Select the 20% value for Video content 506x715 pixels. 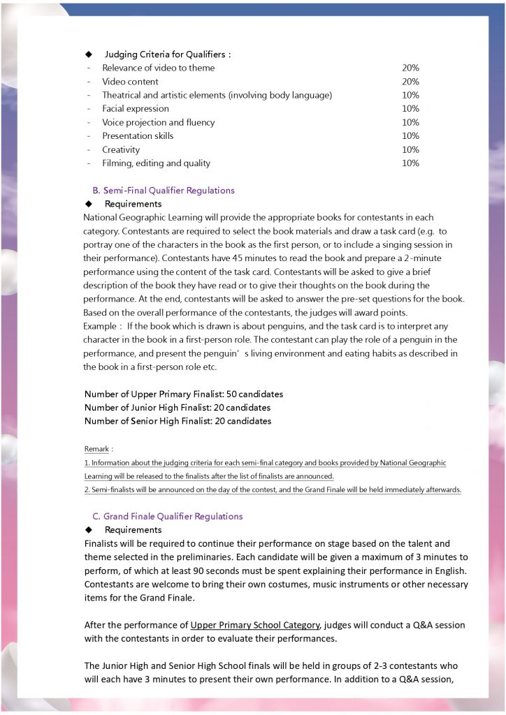410,82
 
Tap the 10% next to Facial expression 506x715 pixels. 410,109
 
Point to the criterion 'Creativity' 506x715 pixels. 121,149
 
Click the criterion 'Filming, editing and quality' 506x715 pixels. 156,163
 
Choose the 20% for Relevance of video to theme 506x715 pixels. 410,68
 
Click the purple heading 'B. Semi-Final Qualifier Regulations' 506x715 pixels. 164,190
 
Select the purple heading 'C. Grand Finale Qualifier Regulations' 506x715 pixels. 168,516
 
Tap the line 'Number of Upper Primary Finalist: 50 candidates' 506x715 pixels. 184,394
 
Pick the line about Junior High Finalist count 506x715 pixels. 178,407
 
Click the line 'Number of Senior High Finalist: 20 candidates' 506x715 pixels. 178,421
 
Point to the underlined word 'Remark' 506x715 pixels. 96,448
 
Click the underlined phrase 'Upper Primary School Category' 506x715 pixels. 255,625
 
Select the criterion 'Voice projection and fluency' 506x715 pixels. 159,122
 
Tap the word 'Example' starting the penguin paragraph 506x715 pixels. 99,326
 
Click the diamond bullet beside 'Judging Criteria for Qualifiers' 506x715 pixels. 89,54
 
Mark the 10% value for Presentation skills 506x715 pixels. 410,136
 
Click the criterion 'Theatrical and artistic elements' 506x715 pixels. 217,95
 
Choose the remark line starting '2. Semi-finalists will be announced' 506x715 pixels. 273,489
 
